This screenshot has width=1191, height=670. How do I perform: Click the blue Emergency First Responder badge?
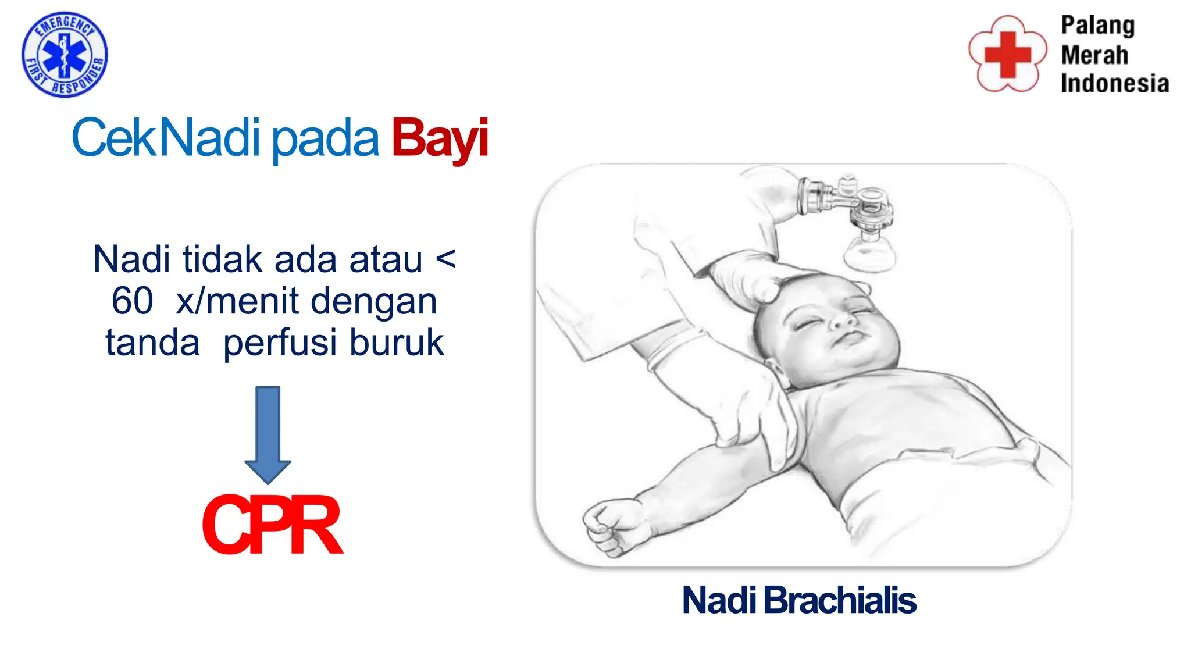tap(65, 55)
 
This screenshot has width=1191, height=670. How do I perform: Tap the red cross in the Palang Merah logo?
tap(1007, 54)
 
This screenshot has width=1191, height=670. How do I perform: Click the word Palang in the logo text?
tap(1097, 26)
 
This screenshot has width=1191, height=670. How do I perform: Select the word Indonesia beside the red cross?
tap(1114, 83)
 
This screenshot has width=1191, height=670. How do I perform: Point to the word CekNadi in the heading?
tap(166, 138)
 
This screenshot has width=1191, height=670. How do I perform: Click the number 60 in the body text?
tap(133, 301)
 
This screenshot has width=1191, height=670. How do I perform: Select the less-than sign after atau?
tap(445, 259)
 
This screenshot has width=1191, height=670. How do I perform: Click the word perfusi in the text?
tap(282, 343)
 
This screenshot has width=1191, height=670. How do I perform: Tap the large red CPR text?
tap(272, 525)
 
